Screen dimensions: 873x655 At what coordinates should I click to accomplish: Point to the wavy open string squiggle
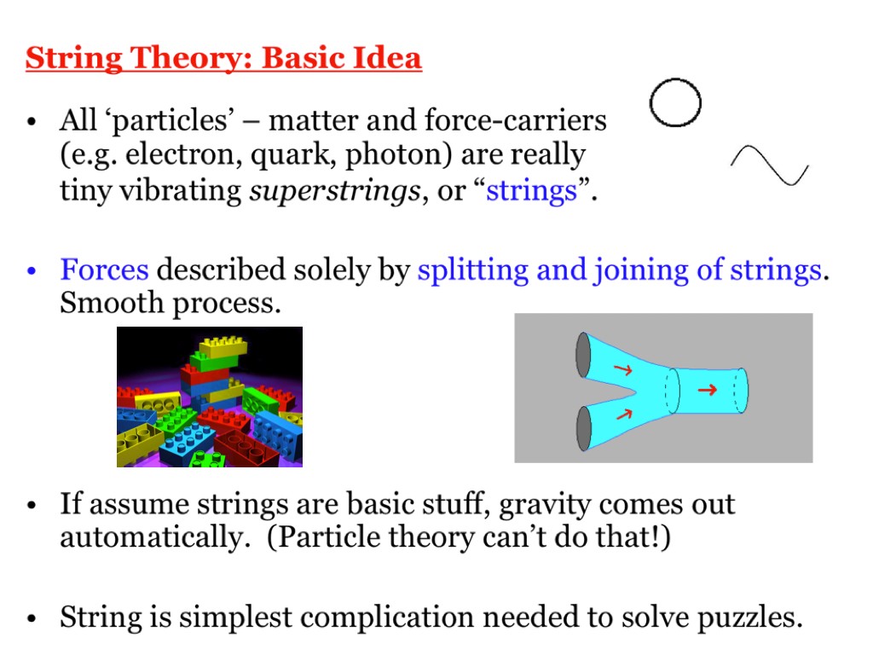(x=769, y=165)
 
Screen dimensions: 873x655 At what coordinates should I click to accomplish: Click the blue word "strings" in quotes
(x=532, y=190)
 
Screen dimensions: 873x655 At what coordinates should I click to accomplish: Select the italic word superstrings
(x=334, y=192)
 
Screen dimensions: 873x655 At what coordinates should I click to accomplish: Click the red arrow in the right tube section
(x=707, y=389)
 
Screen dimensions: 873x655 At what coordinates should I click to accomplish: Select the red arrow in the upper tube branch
(x=622, y=369)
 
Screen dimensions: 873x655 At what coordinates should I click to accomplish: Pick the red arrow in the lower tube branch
(x=623, y=414)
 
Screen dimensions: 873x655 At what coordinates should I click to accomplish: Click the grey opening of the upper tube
(x=583, y=355)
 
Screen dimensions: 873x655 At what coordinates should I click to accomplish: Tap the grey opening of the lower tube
(x=583, y=428)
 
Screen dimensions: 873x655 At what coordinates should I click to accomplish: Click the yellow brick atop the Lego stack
(x=223, y=346)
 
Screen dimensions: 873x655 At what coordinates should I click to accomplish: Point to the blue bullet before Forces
(x=32, y=270)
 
